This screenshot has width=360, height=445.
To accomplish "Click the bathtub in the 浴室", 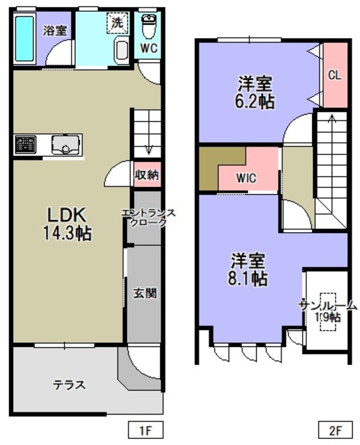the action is (25, 39).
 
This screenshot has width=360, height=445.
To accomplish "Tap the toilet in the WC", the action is (149, 26).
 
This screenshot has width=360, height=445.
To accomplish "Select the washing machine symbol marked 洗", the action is (117, 23).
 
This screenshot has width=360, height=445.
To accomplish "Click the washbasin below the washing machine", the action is (122, 51).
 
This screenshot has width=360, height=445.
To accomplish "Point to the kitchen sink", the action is (65, 145).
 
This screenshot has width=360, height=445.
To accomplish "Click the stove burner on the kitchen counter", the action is (26, 145).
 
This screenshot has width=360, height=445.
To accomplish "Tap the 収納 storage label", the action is (147, 175).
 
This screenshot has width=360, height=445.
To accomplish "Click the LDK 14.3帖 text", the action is (67, 224).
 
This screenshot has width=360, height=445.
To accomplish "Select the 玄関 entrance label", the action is (145, 293).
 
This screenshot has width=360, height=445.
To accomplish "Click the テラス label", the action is (69, 385).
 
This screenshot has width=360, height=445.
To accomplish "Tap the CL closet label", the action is (335, 75).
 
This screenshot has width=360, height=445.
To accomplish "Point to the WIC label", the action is (246, 178).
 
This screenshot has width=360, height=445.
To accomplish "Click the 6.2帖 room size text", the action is (254, 102).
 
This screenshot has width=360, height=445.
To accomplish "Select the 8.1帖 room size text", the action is (247, 278).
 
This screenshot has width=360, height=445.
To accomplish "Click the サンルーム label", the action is (327, 306).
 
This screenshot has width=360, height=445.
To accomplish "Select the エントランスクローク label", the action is (148, 218).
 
